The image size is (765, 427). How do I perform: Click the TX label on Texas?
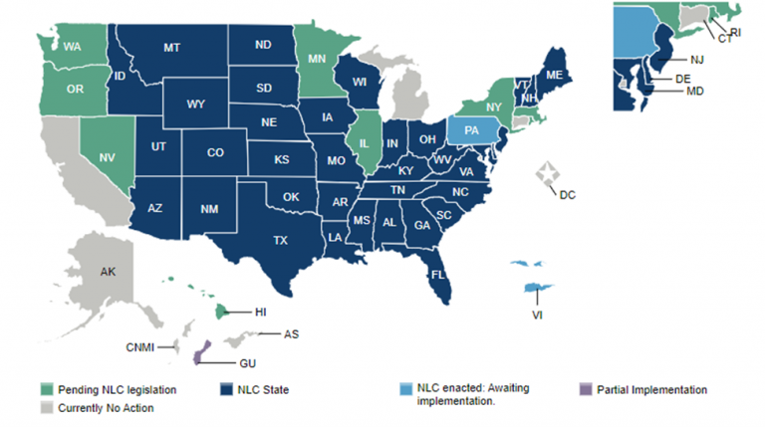coord(281,239)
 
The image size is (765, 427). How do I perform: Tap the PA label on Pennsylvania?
coord(470,130)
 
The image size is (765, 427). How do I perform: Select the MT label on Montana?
coord(171,47)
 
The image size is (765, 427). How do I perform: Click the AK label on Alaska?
coord(109,271)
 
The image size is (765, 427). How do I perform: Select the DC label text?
coord(567,194)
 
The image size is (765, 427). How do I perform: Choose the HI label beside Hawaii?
coord(260,313)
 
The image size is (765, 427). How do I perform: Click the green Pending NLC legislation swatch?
coord(47,389)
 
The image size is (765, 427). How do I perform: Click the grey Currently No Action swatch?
coord(47,407)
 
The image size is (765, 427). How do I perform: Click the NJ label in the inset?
coord(696,59)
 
